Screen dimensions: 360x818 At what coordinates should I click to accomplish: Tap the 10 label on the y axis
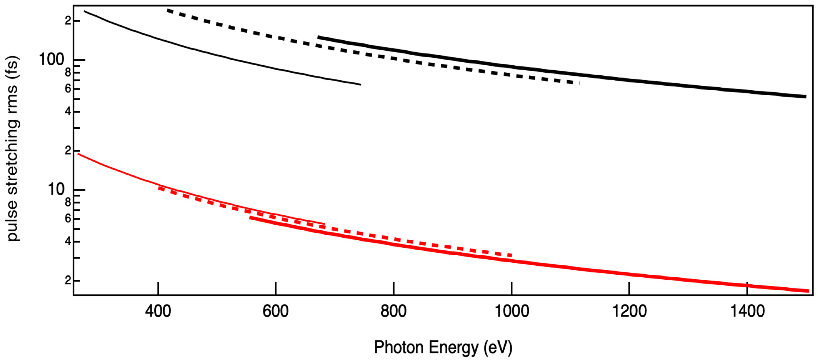click(x=56, y=189)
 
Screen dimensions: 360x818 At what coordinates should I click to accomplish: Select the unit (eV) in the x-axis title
click(x=498, y=347)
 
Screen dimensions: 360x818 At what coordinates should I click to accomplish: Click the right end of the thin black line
click(x=360, y=84)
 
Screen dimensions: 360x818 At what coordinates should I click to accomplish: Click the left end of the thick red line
click(x=250, y=218)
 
